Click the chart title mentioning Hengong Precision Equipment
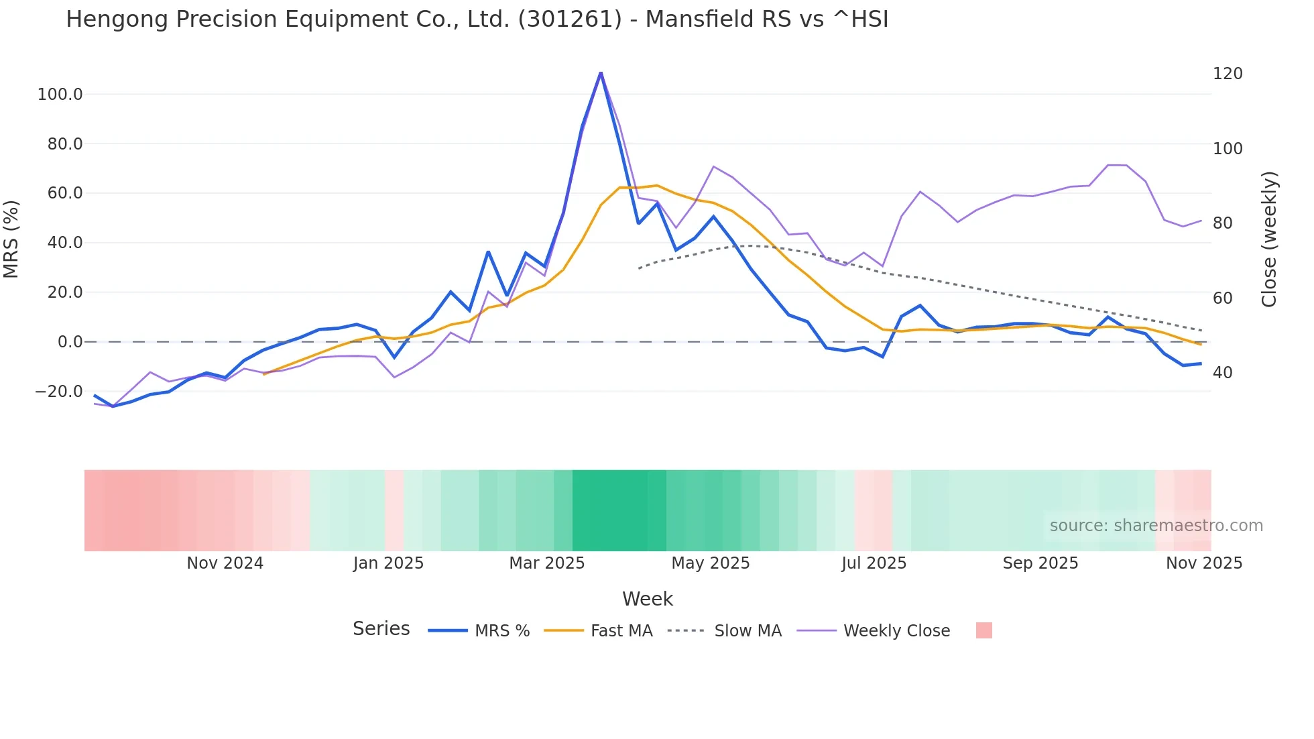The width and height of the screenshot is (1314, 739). [477, 19]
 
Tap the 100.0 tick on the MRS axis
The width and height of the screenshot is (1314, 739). [60, 95]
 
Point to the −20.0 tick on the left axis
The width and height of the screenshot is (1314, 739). [59, 392]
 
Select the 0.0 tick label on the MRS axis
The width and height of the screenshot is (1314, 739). [70, 342]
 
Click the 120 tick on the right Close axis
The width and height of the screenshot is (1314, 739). [1228, 74]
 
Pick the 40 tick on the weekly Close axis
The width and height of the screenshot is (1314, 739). [1222, 373]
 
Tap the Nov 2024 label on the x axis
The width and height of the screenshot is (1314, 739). [225, 563]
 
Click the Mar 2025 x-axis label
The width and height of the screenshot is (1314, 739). [546, 563]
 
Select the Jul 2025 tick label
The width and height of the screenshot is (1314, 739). [874, 563]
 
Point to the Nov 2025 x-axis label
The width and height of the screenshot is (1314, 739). [1203, 563]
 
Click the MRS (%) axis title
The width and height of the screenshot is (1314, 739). [11, 239]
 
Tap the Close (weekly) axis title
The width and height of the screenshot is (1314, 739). [1269, 239]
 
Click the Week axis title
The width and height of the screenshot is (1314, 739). [647, 599]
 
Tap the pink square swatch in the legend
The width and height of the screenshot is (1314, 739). [983, 630]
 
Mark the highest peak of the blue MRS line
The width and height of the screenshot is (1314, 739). [601, 72]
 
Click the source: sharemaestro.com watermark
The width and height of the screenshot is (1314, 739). [1156, 526]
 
